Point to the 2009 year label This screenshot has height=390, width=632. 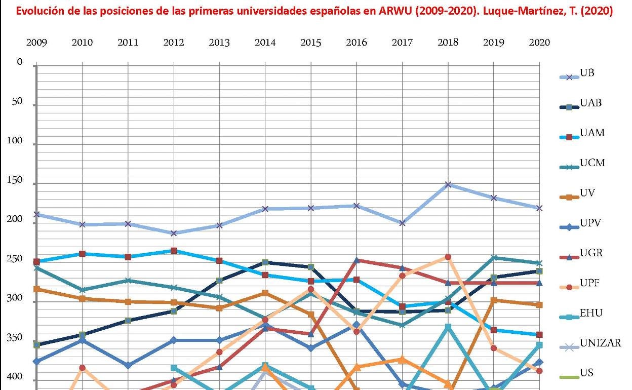36,43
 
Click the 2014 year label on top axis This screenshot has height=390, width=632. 265,43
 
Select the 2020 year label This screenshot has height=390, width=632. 539,43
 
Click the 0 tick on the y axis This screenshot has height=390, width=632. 20,62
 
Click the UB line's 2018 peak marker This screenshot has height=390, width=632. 448,184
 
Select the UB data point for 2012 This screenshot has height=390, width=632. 174,233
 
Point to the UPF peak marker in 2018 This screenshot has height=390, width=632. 448,257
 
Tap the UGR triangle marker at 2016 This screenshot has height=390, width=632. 357,260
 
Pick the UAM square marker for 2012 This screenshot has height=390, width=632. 174,251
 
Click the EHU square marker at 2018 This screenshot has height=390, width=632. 448,327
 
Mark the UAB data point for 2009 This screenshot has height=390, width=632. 36,345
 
